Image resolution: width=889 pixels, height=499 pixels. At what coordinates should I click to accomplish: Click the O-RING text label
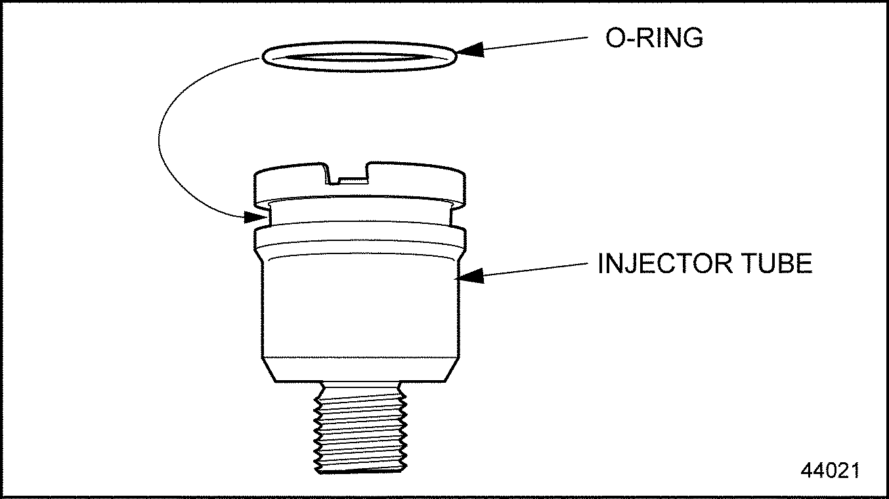[654, 38]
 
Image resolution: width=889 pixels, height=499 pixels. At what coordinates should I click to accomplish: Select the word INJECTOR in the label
[665, 263]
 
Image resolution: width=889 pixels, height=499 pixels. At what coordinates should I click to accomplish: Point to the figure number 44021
[830, 470]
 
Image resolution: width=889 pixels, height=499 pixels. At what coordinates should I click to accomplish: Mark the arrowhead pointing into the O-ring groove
[254, 217]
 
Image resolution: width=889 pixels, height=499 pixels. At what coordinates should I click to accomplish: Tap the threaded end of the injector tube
[360, 427]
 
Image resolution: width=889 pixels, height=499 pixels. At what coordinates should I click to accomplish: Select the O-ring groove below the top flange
[360, 215]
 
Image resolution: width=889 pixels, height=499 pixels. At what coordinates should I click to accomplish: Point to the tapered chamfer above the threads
[360, 369]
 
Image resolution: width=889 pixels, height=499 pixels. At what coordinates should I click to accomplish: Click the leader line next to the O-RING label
[536, 43]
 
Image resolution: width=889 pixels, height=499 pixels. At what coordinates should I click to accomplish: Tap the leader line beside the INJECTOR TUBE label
[536, 269]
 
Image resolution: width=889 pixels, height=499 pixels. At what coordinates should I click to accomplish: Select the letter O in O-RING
[615, 38]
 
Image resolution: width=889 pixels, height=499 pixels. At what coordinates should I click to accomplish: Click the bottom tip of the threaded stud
[361, 473]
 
